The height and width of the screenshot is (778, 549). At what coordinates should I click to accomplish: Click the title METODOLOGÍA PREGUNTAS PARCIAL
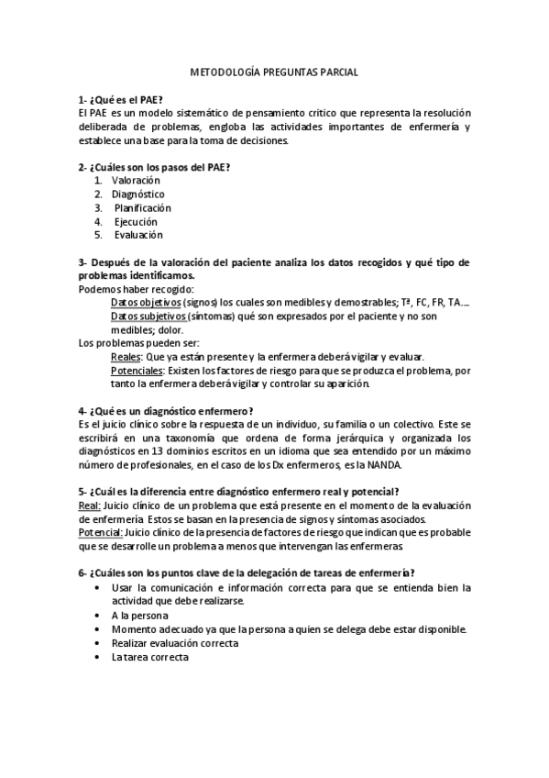(274, 71)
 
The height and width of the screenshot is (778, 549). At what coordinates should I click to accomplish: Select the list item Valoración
(136, 181)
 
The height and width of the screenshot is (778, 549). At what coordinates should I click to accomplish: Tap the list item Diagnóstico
(137, 194)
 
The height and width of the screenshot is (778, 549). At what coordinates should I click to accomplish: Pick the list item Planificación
(142, 208)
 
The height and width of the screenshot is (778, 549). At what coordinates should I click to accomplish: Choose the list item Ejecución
(136, 222)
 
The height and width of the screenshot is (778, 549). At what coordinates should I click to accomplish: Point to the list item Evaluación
(138, 236)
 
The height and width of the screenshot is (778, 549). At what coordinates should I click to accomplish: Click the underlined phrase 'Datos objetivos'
(145, 303)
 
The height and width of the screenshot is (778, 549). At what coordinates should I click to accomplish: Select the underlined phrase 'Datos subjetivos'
(148, 317)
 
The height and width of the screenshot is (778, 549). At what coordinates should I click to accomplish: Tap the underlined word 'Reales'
(125, 357)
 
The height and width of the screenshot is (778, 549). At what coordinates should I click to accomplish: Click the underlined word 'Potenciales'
(137, 371)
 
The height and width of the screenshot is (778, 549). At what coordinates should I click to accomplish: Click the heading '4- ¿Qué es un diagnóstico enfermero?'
(166, 410)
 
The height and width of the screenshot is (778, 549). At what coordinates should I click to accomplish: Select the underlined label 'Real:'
(90, 506)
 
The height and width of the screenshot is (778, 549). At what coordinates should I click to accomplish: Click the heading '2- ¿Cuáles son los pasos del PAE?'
(154, 167)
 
